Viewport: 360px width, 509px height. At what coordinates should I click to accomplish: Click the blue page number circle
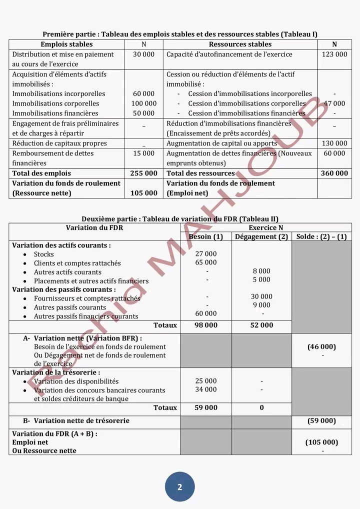tap(179, 486)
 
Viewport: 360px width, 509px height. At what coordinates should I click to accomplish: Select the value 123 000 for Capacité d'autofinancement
tap(334, 54)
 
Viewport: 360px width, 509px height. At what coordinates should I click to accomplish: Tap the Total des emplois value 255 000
tap(143, 173)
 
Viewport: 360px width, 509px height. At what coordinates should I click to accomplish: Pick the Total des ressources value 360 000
tap(334, 173)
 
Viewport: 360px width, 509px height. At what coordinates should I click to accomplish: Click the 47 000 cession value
tap(334, 103)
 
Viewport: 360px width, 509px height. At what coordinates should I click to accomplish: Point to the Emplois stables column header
tap(66, 44)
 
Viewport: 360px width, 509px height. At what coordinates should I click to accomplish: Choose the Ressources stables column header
tap(240, 44)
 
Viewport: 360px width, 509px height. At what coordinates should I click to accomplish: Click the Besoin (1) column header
tap(206, 236)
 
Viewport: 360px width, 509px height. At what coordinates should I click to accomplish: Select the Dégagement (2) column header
tap(261, 236)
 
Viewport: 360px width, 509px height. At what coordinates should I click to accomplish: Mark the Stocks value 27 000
tap(206, 254)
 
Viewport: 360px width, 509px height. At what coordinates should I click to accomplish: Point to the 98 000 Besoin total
tap(206, 325)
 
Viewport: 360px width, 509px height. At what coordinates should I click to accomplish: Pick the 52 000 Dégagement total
tap(261, 325)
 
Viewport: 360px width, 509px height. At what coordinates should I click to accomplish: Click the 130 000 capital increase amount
tap(334, 143)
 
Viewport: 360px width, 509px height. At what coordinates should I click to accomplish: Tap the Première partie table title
tap(180, 34)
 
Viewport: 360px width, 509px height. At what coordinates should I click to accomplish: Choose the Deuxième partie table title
tap(180, 218)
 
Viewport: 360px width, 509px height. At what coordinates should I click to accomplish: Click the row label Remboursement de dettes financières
tap(53, 158)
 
